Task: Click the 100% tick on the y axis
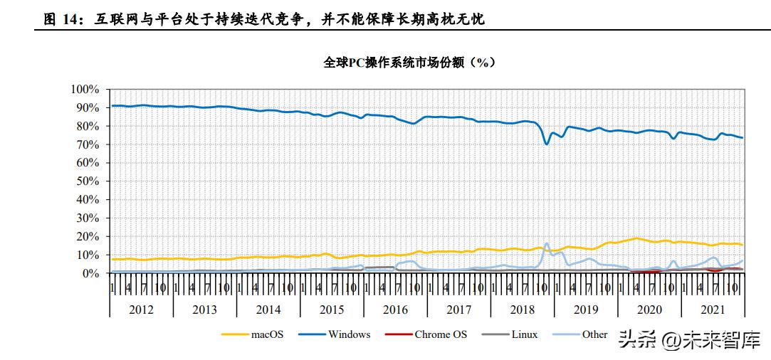(85, 89)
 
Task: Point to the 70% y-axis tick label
(88, 144)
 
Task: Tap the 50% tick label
(88, 181)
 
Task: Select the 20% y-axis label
(88, 236)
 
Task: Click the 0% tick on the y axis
(90, 273)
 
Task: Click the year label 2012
(141, 309)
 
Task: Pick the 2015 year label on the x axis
(332, 309)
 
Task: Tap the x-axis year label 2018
(523, 309)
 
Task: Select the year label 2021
(713, 309)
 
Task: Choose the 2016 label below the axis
(395, 309)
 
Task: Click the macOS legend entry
(267, 334)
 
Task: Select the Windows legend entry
(349, 334)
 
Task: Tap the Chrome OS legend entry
(441, 334)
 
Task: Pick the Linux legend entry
(524, 334)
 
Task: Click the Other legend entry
(594, 334)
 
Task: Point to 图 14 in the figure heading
(60, 20)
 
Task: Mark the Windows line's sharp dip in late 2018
(547, 144)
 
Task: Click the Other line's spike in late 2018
(547, 244)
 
